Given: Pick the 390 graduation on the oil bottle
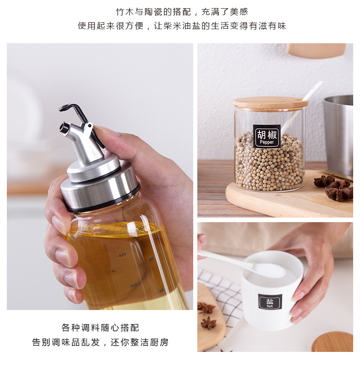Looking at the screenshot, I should tap(151, 259).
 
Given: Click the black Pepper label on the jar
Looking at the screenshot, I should tap(267, 136).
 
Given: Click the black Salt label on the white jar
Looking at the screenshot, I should tap(270, 302).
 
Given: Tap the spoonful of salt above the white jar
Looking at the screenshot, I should tap(269, 270).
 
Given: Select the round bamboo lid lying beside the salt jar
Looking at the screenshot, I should tap(333, 342).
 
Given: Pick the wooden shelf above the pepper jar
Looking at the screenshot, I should tap(317, 50).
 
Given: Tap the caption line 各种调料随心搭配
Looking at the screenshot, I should tap(100, 328).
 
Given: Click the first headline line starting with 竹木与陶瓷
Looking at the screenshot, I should tap(182, 11).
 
